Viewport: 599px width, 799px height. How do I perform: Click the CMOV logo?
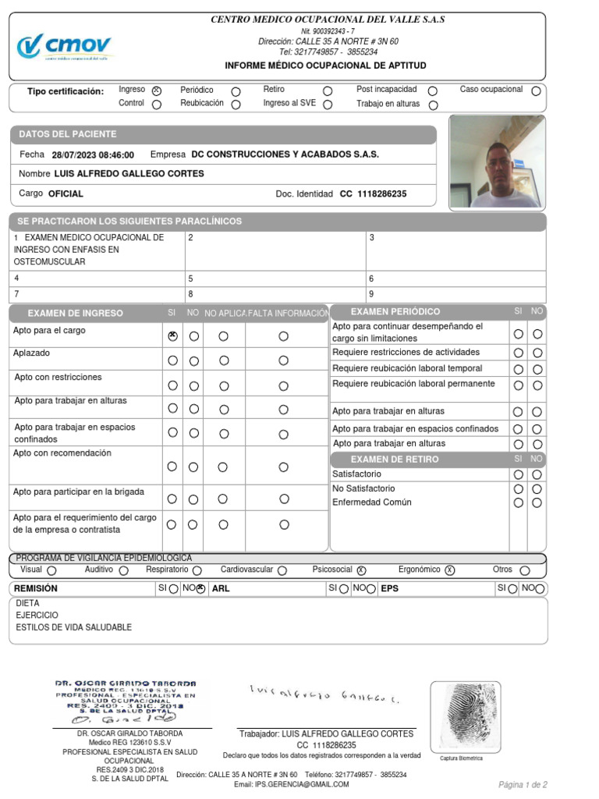pyautogui.click(x=64, y=46)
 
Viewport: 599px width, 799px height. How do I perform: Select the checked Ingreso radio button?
pyautogui.click(x=157, y=91)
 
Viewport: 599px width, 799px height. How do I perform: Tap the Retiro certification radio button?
pyautogui.click(x=328, y=91)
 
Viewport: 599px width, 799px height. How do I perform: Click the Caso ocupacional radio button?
pyautogui.click(x=536, y=91)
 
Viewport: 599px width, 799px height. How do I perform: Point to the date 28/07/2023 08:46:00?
pyautogui.click(x=93, y=154)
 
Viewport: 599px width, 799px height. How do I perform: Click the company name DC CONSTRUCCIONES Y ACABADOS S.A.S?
pyautogui.click(x=285, y=154)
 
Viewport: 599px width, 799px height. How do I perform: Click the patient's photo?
pyautogui.click(x=498, y=162)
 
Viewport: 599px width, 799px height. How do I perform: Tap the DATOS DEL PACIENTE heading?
pyautogui.click(x=68, y=134)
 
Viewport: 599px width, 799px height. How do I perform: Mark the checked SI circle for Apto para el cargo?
pyautogui.click(x=172, y=336)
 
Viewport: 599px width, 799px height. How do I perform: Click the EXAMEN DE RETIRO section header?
pyautogui.click(x=394, y=460)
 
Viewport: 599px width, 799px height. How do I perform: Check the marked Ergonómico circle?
pyautogui.click(x=450, y=570)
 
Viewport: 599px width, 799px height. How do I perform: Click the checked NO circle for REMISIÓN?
pyautogui.click(x=200, y=589)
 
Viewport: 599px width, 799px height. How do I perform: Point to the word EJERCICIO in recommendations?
pyautogui.click(x=37, y=615)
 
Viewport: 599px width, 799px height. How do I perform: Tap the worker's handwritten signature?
pyautogui.click(x=324, y=692)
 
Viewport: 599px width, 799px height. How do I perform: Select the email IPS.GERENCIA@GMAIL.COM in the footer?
pyautogui.click(x=302, y=784)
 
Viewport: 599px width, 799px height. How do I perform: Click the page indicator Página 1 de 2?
pyautogui.click(x=523, y=784)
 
